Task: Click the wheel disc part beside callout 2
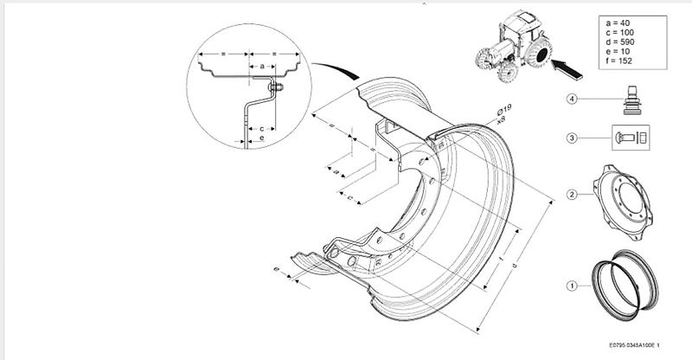[626, 200]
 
